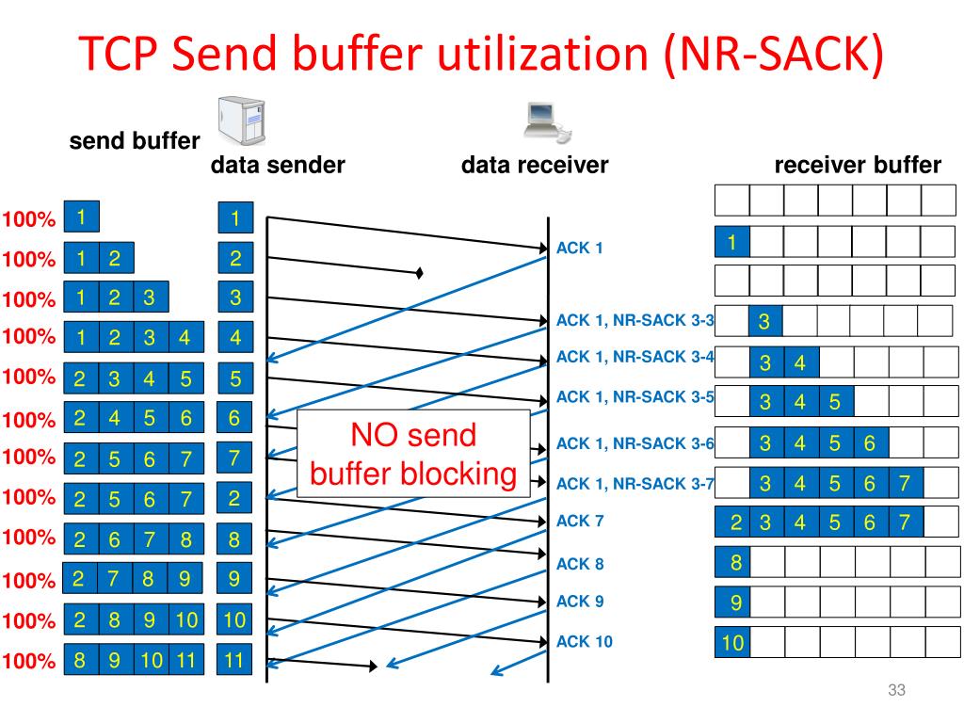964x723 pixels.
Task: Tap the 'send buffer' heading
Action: click(134, 141)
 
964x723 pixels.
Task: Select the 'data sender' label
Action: click(278, 167)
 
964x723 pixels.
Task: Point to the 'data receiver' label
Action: click(534, 167)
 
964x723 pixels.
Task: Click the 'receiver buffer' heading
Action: click(857, 167)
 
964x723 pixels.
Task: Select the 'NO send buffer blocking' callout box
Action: click(413, 454)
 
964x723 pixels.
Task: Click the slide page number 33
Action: click(895, 692)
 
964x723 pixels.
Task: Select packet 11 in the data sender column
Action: click(234, 661)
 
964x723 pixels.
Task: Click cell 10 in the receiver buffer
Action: click(732, 644)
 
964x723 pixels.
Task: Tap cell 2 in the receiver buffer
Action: click(732, 522)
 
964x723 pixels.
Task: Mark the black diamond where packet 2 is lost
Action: click(420, 274)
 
